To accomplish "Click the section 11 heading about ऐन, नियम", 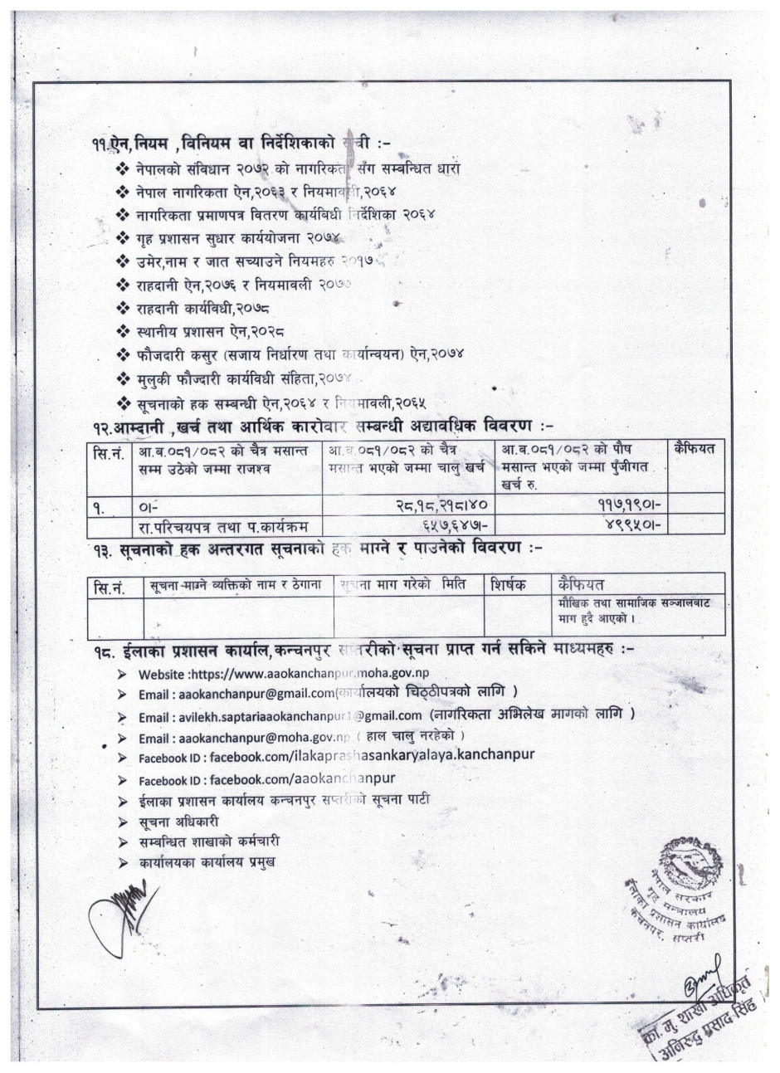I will click(x=249, y=144).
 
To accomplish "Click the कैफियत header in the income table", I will click(x=696, y=450).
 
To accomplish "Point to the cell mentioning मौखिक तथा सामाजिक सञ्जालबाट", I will click(x=639, y=610).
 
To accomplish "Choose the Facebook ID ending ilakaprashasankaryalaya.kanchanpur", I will click(x=336, y=754).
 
